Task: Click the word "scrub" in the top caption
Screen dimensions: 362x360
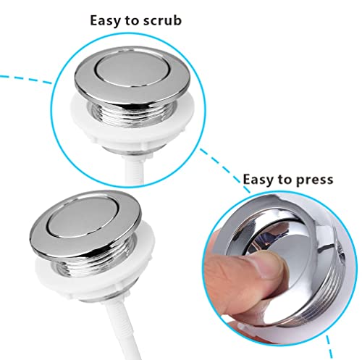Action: click(162, 20)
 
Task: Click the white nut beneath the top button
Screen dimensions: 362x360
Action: click(132, 125)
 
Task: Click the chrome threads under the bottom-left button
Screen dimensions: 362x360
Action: click(94, 261)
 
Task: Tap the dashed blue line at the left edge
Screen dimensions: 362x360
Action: click(25, 79)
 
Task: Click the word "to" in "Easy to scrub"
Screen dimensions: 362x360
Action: click(132, 21)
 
